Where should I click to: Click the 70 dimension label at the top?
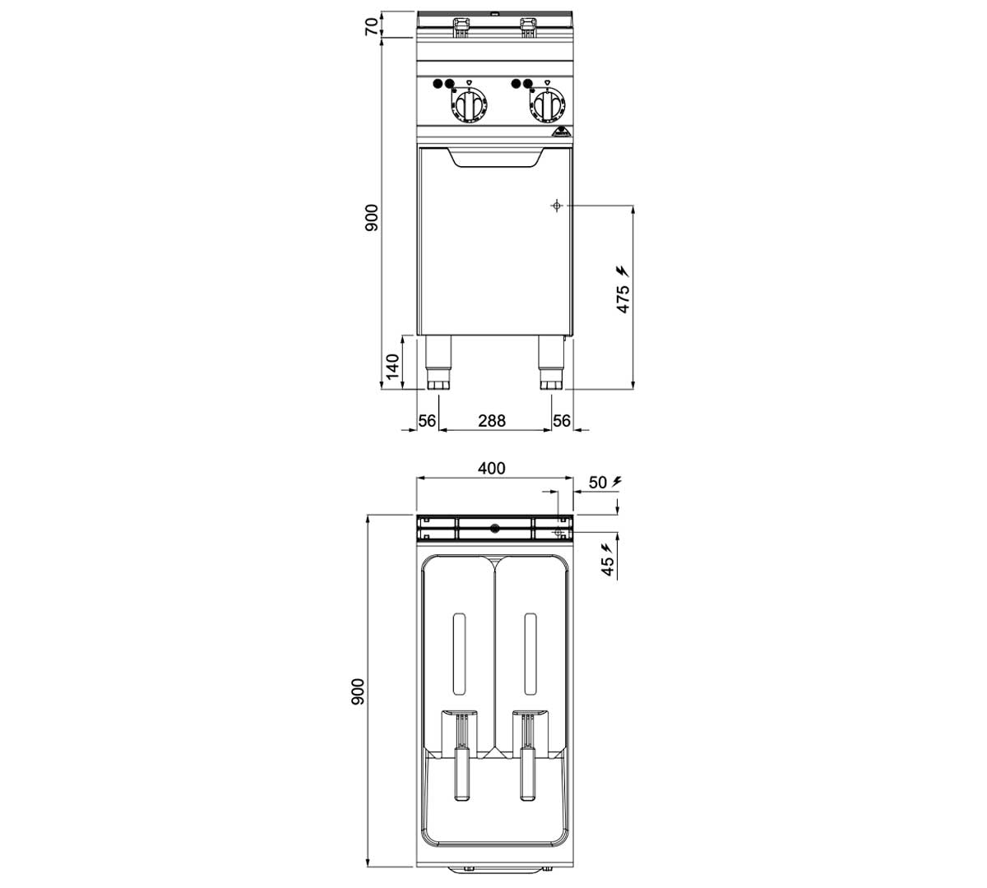tap(372, 25)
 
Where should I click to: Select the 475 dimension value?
tap(623, 298)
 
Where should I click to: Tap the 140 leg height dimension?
tap(392, 366)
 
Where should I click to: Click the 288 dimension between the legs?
tap(492, 421)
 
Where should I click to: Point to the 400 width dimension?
tap(492, 468)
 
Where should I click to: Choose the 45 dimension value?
tap(608, 567)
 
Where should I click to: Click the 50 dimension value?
tap(598, 483)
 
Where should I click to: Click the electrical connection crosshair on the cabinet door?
tap(557, 206)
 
